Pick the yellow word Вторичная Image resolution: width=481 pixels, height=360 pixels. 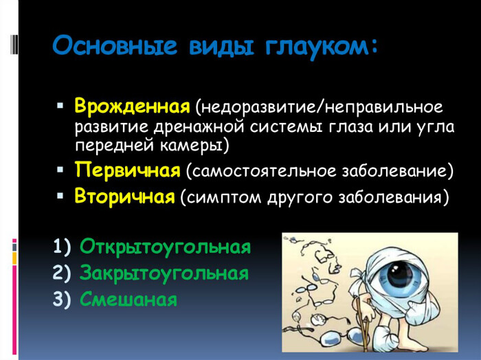click(x=124, y=197)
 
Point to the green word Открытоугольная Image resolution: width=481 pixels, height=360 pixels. click(x=165, y=247)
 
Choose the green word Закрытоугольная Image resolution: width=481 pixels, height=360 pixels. click(x=164, y=273)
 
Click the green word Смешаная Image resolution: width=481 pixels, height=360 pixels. click(x=128, y=300)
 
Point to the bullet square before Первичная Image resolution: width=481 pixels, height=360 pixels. click(x=60, y=168)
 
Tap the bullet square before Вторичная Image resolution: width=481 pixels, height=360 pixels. click(x=60, y=196)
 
